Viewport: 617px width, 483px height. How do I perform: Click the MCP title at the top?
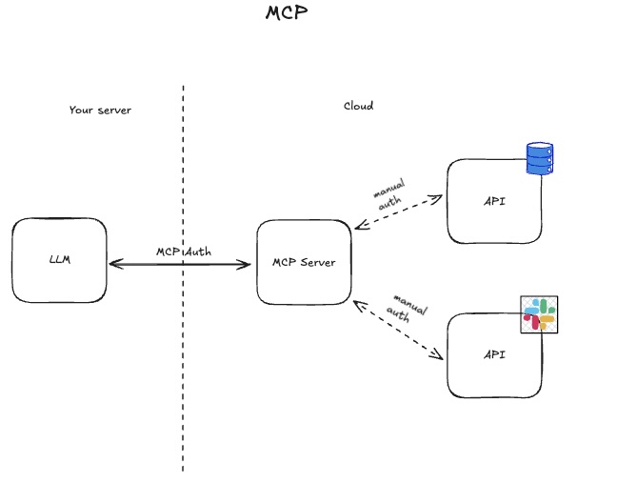(287, 13)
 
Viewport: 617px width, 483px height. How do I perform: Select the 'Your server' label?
(100, 111)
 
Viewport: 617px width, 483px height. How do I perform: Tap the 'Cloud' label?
(358, 106)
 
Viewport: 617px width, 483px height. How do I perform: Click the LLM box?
(60, 260)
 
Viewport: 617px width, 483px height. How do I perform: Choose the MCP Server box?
(304, 262)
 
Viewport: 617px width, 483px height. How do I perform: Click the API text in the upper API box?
(493, 201)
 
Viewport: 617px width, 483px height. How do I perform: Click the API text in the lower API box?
(493, 354)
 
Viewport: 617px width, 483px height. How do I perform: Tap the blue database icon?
(540, 159)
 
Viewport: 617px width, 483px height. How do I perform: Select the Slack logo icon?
(539, 313)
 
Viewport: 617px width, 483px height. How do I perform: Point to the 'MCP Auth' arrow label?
(184, 252)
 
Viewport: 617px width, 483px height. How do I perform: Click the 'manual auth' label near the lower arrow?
(408, 307)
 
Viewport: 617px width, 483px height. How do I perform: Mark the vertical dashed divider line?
(183, 381)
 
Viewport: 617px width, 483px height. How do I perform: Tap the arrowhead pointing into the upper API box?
(439, 197)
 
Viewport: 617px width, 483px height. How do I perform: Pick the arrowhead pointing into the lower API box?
(439, 357)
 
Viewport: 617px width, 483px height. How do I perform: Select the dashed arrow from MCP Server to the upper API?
(398, 212)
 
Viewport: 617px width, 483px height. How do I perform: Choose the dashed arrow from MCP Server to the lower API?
(398, 331)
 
